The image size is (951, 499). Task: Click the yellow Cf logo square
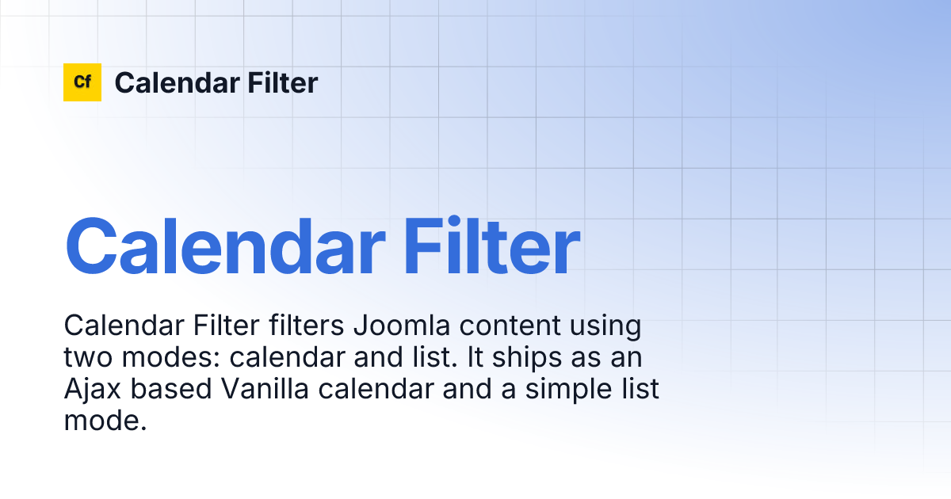point(82,82)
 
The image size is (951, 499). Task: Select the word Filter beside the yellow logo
point(285,82)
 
